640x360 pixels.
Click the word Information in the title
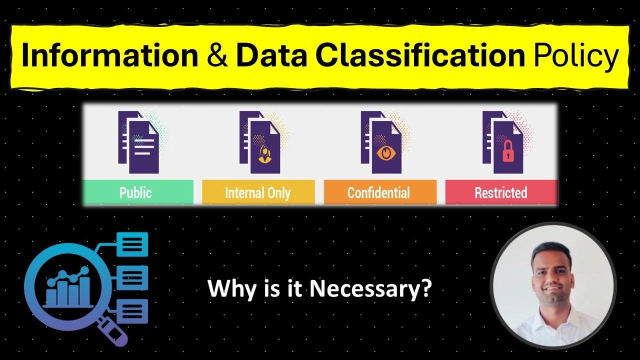[110, 56]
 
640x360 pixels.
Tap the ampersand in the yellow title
[216, 56]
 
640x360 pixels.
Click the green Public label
[135, 192]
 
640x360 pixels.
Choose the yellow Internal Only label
[257, 192]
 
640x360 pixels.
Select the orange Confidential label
[379, 192]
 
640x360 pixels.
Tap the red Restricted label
[501, 192]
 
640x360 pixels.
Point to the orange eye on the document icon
[385, 152]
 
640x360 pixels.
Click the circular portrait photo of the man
[553, 285]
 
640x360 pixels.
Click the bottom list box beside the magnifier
[132, 311]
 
